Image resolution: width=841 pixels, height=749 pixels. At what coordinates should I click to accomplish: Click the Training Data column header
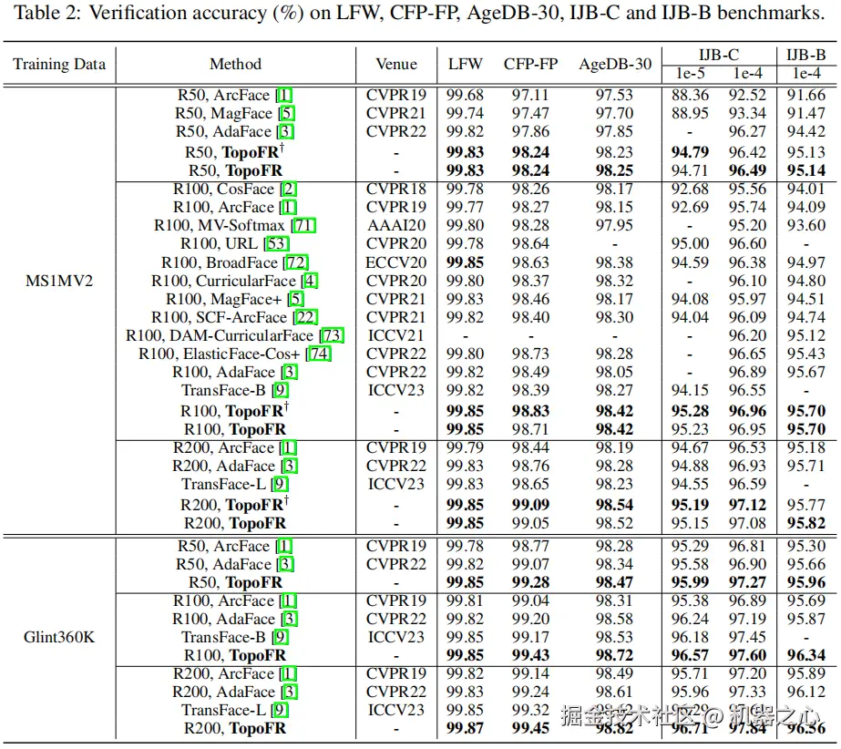[59, 64]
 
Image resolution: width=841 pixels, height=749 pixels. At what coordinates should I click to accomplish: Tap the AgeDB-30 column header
[615, 64]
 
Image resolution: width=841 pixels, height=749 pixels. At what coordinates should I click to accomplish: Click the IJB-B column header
[805, 55]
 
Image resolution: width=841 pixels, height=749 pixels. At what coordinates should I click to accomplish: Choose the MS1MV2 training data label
[59, 280]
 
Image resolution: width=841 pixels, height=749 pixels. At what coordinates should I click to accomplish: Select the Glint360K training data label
[59, 637]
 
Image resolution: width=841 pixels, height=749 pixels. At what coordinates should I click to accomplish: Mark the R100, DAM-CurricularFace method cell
[233, 335]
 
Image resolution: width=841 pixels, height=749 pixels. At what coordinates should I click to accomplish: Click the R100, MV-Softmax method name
[219, 226]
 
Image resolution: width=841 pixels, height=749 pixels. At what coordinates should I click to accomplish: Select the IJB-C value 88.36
[689, 95]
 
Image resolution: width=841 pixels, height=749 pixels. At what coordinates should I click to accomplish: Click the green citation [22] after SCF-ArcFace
[306, 317]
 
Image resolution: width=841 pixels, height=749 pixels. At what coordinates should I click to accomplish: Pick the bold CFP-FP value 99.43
[530, 655]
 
